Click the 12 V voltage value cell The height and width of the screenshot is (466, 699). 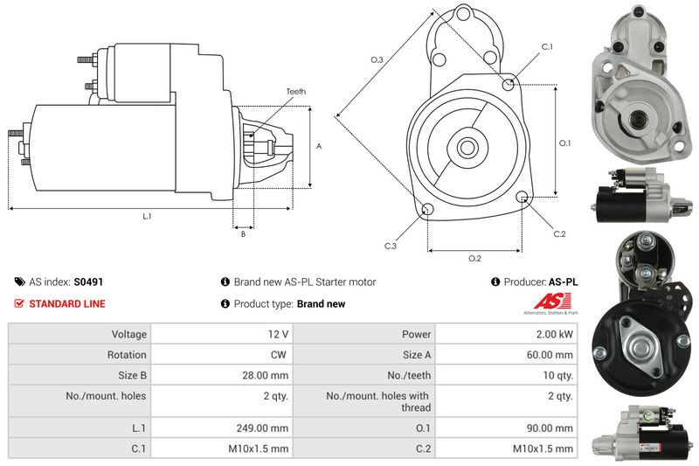click(279, 334)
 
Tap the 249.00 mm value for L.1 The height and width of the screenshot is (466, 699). click(267, 428)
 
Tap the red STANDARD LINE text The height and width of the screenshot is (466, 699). click(67, 304)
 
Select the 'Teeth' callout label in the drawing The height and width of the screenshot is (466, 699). click(295, 92)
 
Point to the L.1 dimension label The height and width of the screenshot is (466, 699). click(147, 216)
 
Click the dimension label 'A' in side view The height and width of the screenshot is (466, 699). click(319, 146)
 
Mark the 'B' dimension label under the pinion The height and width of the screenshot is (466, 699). click(243, 233)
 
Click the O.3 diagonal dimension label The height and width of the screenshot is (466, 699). click(377, 59)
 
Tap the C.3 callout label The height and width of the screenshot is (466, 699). click(391, 247)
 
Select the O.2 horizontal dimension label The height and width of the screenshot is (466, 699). click(474, 258)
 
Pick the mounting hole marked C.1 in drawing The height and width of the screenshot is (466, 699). click(510, 83)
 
